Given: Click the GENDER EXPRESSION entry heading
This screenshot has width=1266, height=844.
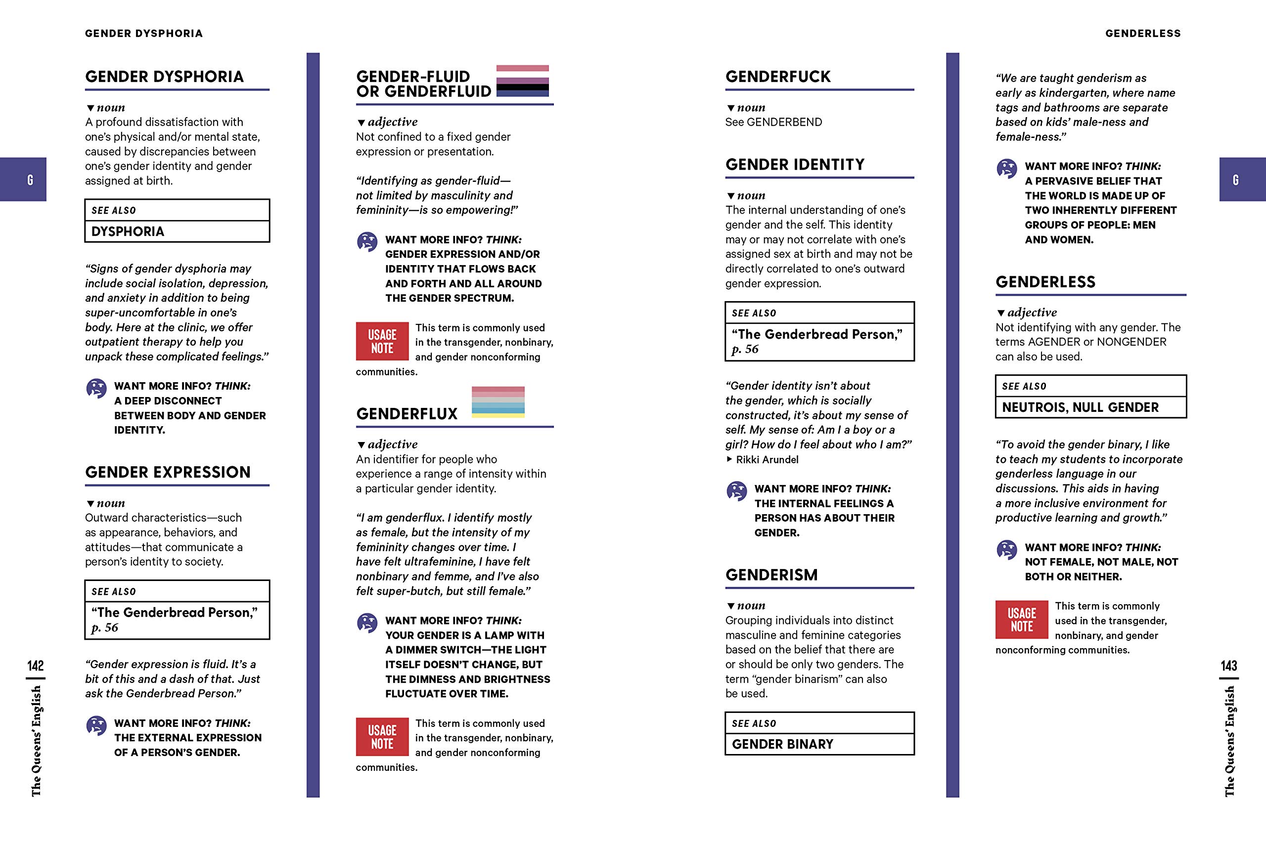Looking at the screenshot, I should [168, 472].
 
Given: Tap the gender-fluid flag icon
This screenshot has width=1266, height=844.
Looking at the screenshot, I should [522, 81].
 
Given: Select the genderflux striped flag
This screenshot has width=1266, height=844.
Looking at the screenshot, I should [498, 401].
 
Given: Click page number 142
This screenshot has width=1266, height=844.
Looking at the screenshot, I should [36, 666].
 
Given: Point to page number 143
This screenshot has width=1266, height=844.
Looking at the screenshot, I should [1229, 666].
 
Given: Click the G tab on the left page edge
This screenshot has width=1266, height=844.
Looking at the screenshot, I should [23, 179].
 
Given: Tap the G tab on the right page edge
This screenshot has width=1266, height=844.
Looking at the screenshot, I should [1242, 179].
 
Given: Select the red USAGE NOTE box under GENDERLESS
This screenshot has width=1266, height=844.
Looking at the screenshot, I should [1021, 620].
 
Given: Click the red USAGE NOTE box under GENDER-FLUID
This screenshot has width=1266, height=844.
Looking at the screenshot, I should [382, 341].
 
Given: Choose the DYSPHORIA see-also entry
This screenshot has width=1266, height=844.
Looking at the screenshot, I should [128, 231].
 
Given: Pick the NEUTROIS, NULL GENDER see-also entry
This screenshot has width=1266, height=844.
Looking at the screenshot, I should [1080, 407].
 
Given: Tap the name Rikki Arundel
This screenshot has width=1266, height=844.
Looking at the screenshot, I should [767, 460].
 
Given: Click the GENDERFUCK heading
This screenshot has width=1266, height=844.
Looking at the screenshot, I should [778, 77].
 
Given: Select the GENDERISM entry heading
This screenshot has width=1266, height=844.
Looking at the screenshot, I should [771, 575].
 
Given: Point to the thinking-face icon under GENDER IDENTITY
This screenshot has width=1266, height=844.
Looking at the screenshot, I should [736, 491].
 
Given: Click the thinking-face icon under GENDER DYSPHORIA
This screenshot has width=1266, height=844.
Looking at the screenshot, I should [96, 388].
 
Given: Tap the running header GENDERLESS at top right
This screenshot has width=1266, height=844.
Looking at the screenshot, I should [1143, 33].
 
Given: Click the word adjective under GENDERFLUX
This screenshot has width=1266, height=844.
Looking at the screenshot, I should [392, 444].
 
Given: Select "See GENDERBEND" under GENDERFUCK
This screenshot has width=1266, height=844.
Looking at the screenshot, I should [773, 122].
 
